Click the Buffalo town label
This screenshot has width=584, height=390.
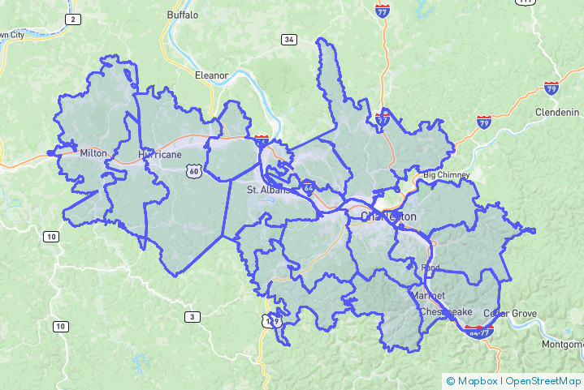click(182, 15)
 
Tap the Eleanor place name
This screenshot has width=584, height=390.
click(211, 75)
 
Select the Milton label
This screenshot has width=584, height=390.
click(93, 152)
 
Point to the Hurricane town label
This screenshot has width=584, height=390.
click(159, 153)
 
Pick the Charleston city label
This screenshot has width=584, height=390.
click(388, 216)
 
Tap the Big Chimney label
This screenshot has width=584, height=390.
click(445, 175)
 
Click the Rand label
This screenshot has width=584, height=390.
click(430, 267)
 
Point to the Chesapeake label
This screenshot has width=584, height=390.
click(445, 311)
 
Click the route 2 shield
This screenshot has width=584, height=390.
click(73, 19)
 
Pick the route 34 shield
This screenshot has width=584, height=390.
click(288, 39)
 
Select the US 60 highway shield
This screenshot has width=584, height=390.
click(193, 170)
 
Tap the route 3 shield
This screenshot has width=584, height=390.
click(192, 316)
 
